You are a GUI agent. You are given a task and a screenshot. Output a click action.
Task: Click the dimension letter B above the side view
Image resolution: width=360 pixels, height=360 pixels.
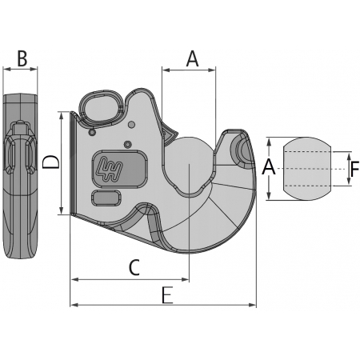click(x=22, y=58)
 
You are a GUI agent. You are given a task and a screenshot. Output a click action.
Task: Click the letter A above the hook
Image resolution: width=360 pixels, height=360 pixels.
click(x=193, y=59)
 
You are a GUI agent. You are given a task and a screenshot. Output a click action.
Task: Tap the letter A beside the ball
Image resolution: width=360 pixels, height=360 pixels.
click(x=269, y=166)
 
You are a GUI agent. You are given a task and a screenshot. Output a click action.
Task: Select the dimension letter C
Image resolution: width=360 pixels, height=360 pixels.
click(x=134, y=267)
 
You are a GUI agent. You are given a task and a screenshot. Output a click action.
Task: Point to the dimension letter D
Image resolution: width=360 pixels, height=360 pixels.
click(x=51, y=162)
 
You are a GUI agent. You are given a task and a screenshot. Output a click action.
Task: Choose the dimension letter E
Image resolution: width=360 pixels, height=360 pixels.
click(x=168, y=295)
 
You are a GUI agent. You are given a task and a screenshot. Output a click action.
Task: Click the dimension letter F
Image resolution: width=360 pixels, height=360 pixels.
click(x=354, y=169)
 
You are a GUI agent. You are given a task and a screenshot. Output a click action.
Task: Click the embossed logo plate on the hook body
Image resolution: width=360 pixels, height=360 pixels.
click(x=120, y=169)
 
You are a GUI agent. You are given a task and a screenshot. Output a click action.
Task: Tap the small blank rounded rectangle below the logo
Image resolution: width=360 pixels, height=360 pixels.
click(x=106, y=198)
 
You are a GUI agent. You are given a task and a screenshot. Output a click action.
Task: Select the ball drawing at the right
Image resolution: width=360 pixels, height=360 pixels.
click(x=307, y=169)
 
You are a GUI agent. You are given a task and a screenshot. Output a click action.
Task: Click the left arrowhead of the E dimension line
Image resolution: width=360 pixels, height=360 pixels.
click(x=74, y=305)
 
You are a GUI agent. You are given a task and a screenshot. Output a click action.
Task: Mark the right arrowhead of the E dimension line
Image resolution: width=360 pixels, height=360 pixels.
click(x=252, y=305)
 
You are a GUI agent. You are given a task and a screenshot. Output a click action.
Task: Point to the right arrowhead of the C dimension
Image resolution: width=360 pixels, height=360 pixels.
click(x=185, y=279)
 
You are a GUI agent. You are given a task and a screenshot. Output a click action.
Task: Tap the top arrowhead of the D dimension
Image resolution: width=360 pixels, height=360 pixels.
click(x=62, y=116)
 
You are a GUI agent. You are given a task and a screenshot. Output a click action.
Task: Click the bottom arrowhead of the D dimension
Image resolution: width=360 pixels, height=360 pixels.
click(x=62, y=210)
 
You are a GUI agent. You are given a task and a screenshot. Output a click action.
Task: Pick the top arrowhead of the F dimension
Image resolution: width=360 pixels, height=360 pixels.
click(x=349, y=157)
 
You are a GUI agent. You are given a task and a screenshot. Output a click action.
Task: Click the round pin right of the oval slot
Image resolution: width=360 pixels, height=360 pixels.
click(x=131, y=125)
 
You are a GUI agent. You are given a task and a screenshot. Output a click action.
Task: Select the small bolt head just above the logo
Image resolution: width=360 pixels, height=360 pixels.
click(x=128, y=145)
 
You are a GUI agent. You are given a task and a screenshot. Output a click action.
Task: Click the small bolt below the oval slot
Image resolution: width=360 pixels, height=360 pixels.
click(x=92, y=132)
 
